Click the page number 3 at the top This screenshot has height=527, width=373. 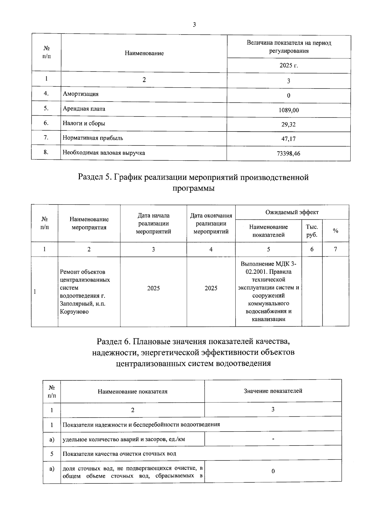click(x=194, y=25)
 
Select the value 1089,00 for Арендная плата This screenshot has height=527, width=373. click(x=288, y=110)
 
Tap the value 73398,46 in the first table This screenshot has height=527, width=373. click(x=288, y=154)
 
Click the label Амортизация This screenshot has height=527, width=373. click(x=81, y=94)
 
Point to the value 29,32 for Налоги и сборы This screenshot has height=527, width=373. click(x=288, y=125)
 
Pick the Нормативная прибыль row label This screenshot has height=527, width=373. click(x=93, y=138)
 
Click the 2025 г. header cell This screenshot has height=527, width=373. click(x=288, y=66)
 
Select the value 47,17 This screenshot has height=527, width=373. click(x=288, y=139)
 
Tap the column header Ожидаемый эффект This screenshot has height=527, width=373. click(x=292, y=213)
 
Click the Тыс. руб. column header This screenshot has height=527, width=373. click(x=312, y=231)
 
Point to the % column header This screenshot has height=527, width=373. click(x=335, y=231)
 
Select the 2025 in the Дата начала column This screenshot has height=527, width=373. click(x=153, y=288)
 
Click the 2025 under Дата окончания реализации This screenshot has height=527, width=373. click(x=211, y=288)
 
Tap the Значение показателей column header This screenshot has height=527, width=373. click(x=273, y=391)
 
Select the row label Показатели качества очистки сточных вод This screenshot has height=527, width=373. click(x=119, y=454)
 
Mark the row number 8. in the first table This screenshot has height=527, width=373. click(x=46, y=152)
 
